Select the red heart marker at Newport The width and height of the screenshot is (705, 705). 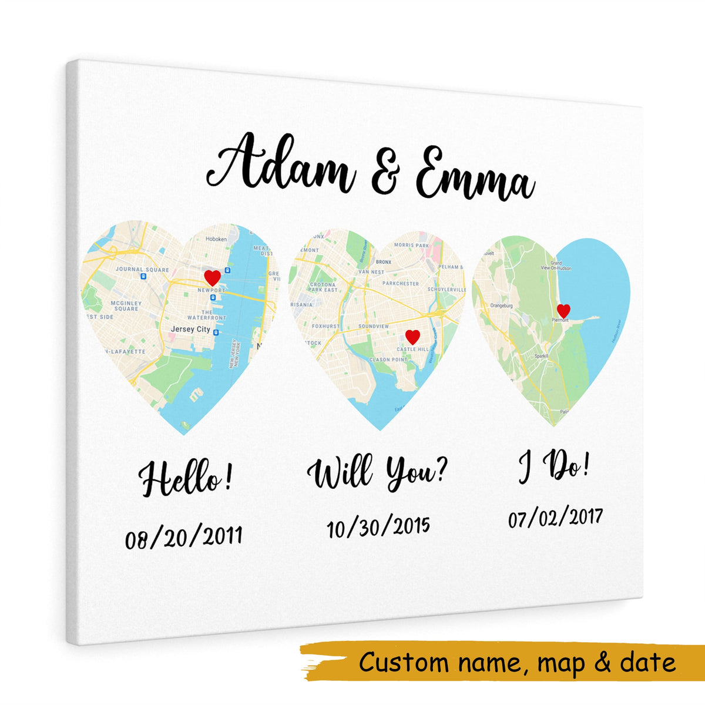tap(212, 277)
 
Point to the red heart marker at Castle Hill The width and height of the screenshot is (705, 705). tap(413, 337)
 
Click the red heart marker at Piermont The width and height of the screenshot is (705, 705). tap(563, 311)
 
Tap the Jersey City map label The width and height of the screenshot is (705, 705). tap(190, 330)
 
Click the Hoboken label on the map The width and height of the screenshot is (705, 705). tap(216, 240)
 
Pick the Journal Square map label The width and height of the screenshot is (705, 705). tap(134, 269)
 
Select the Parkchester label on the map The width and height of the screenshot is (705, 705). tap(401, 283)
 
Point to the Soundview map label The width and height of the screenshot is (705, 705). tap(374, 325)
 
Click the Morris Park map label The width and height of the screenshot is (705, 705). tap(412, 245)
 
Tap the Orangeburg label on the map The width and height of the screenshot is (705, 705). tap(501, 305)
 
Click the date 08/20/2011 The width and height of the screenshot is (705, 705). tap(183, 536)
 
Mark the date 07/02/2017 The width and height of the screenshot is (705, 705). tap(556, 518)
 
